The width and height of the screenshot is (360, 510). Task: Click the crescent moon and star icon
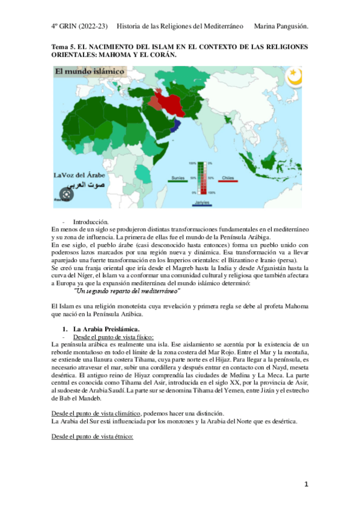[x=294, y=77]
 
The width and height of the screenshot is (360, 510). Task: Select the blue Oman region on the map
[x=175, y=125]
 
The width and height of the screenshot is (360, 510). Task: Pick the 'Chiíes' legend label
[x=228, y=179]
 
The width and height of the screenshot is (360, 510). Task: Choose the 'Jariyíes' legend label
[x=203, y=203]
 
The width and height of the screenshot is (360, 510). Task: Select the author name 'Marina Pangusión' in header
[x=282, y=26]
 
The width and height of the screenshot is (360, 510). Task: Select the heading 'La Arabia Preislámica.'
[x=106, y=330]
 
